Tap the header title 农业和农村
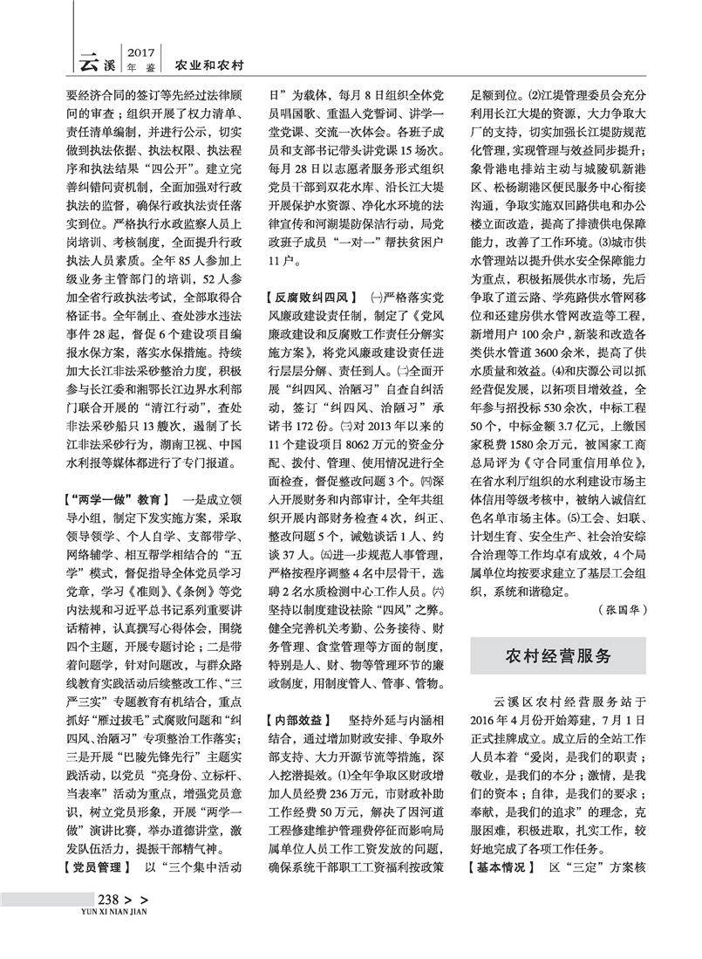point(209,65)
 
